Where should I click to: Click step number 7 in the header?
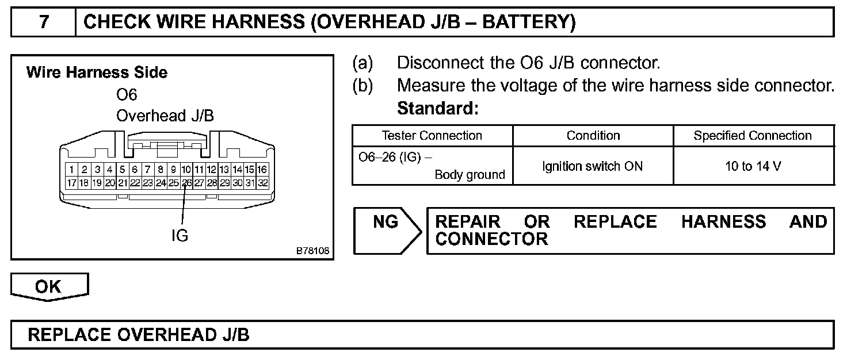pos(44,22)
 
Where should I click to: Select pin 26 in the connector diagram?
pos(186,183)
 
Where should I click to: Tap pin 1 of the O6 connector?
pos(71,170)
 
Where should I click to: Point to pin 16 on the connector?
pos(262,170)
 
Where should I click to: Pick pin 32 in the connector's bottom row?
pos(262,183)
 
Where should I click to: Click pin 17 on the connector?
pos(71,183)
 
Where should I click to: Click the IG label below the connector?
pos(180,235)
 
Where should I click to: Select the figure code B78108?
pos(312,251)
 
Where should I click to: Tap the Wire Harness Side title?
pos(97,72)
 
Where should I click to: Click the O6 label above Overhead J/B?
pos(127,94)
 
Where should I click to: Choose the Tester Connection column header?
pos(432,136)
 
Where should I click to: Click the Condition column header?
pos(593,136)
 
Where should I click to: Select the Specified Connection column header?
pos(753,136)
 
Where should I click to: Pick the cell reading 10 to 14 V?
pos(753,166)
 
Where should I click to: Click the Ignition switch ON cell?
pos(593,166)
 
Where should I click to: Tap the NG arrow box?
pos(387,230)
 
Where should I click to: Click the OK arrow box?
pos(49,287)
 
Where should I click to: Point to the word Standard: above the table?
pos(438,108)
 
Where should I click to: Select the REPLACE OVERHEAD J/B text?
pos(139,335)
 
